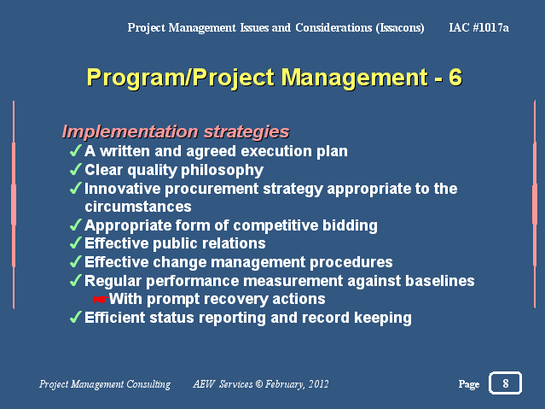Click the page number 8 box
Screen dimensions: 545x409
pos(505,383)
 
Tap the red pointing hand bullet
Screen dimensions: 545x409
pos(101,299)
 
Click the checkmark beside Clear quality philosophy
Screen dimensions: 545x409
pos(76,170)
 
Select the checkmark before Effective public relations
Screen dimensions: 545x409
pos(76,243)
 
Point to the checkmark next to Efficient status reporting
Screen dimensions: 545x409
pos(76,318)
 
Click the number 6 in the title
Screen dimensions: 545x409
pos(455,77)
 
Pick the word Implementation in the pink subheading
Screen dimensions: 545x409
pos(130,132)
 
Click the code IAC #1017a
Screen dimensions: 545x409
pos(479,27)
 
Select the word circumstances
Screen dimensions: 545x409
pos(138,207)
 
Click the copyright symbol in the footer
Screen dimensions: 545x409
pos(259,384)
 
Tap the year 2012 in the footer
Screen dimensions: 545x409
pos(319,384)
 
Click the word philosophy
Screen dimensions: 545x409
pos(222,171)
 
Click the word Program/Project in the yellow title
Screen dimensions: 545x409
pos(181,78)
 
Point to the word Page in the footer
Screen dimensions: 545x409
pos(469,384)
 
